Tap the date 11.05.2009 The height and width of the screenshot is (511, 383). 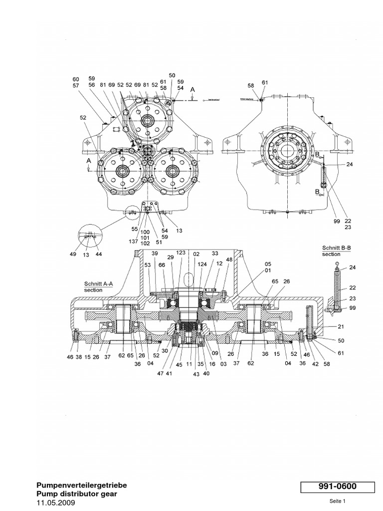click(x=56, y=503)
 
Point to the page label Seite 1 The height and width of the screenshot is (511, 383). click(x=337, y=501)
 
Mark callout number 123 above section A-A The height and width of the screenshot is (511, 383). click(x=181, y=254)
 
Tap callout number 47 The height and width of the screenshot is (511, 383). click(x=160, y=373)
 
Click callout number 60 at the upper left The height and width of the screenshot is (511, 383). click(x=76, y=79)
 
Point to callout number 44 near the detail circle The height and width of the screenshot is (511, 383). click(x=98, y=254)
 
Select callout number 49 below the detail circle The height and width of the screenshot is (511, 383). click(x=74, y=254)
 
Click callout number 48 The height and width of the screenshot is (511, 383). click(x=229, y=259)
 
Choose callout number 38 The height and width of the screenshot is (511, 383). click(x=79, y=357)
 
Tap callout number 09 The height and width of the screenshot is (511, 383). click(x=215, y=353)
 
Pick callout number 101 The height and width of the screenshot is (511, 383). click(x=145, y=238)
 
